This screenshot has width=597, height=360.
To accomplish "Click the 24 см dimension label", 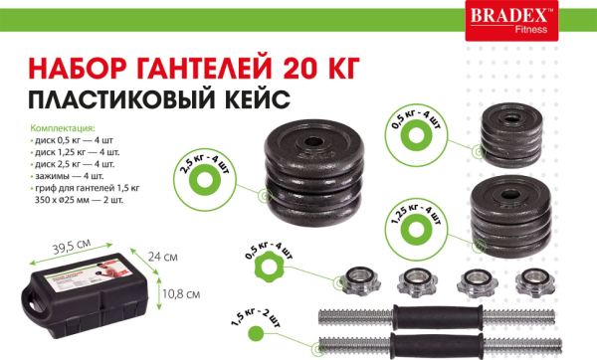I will click(163, 257).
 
